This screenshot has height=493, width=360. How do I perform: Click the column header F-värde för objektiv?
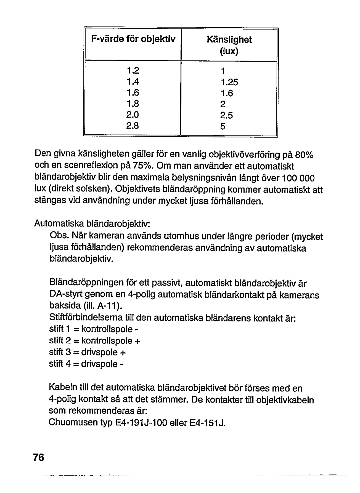point(133,40)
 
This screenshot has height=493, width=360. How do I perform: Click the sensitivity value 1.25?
point(229,82)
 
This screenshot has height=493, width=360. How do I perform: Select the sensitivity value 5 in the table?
point(223,126)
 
